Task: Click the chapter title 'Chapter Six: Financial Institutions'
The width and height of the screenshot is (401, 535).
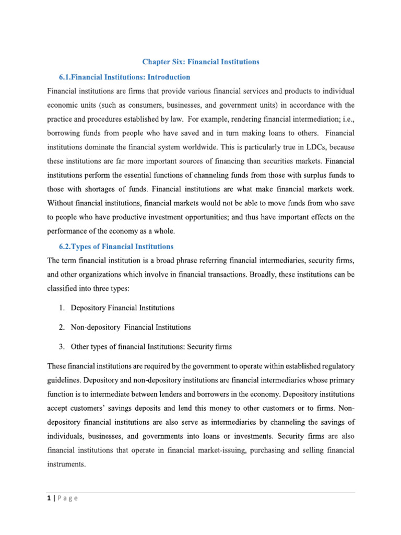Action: point(201,62)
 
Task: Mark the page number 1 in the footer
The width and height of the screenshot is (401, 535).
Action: point(49,498)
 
